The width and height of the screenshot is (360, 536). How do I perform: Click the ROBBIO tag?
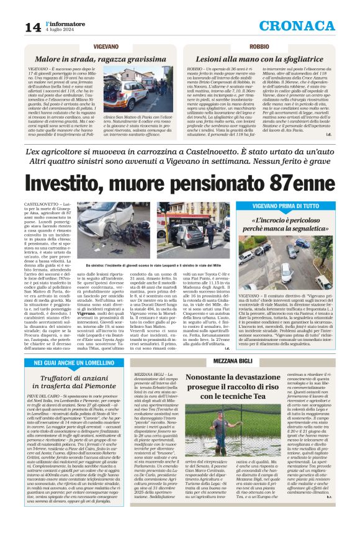click(x=259, y=47)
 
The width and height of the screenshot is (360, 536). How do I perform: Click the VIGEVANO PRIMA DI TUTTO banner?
click(x=294, y=206)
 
